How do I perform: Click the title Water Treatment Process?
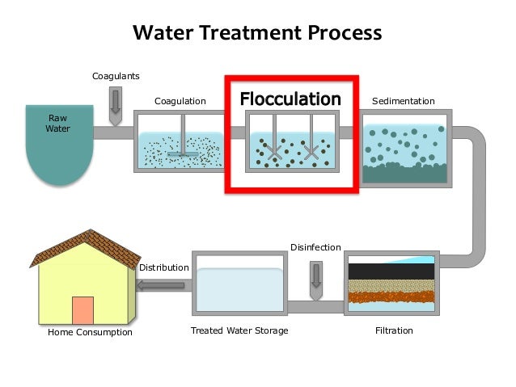click(256, 33)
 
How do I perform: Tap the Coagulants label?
click(116, 76)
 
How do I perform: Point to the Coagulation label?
click(180, 101)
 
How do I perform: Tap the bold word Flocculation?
click(290, 99)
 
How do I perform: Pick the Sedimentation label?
click(403, 101)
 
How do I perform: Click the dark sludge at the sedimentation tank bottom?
click(404, 172)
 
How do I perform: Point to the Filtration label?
click(394, 330)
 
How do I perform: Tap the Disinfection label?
click(315, 246)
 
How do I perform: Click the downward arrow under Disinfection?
click(315, 275)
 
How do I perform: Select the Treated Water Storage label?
click(239, 330)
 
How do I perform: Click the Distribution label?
click(164, 267)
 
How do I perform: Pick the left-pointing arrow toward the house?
click(163, 284)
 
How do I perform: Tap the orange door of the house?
click(82, 310)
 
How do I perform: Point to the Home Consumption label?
click(90, 332)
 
